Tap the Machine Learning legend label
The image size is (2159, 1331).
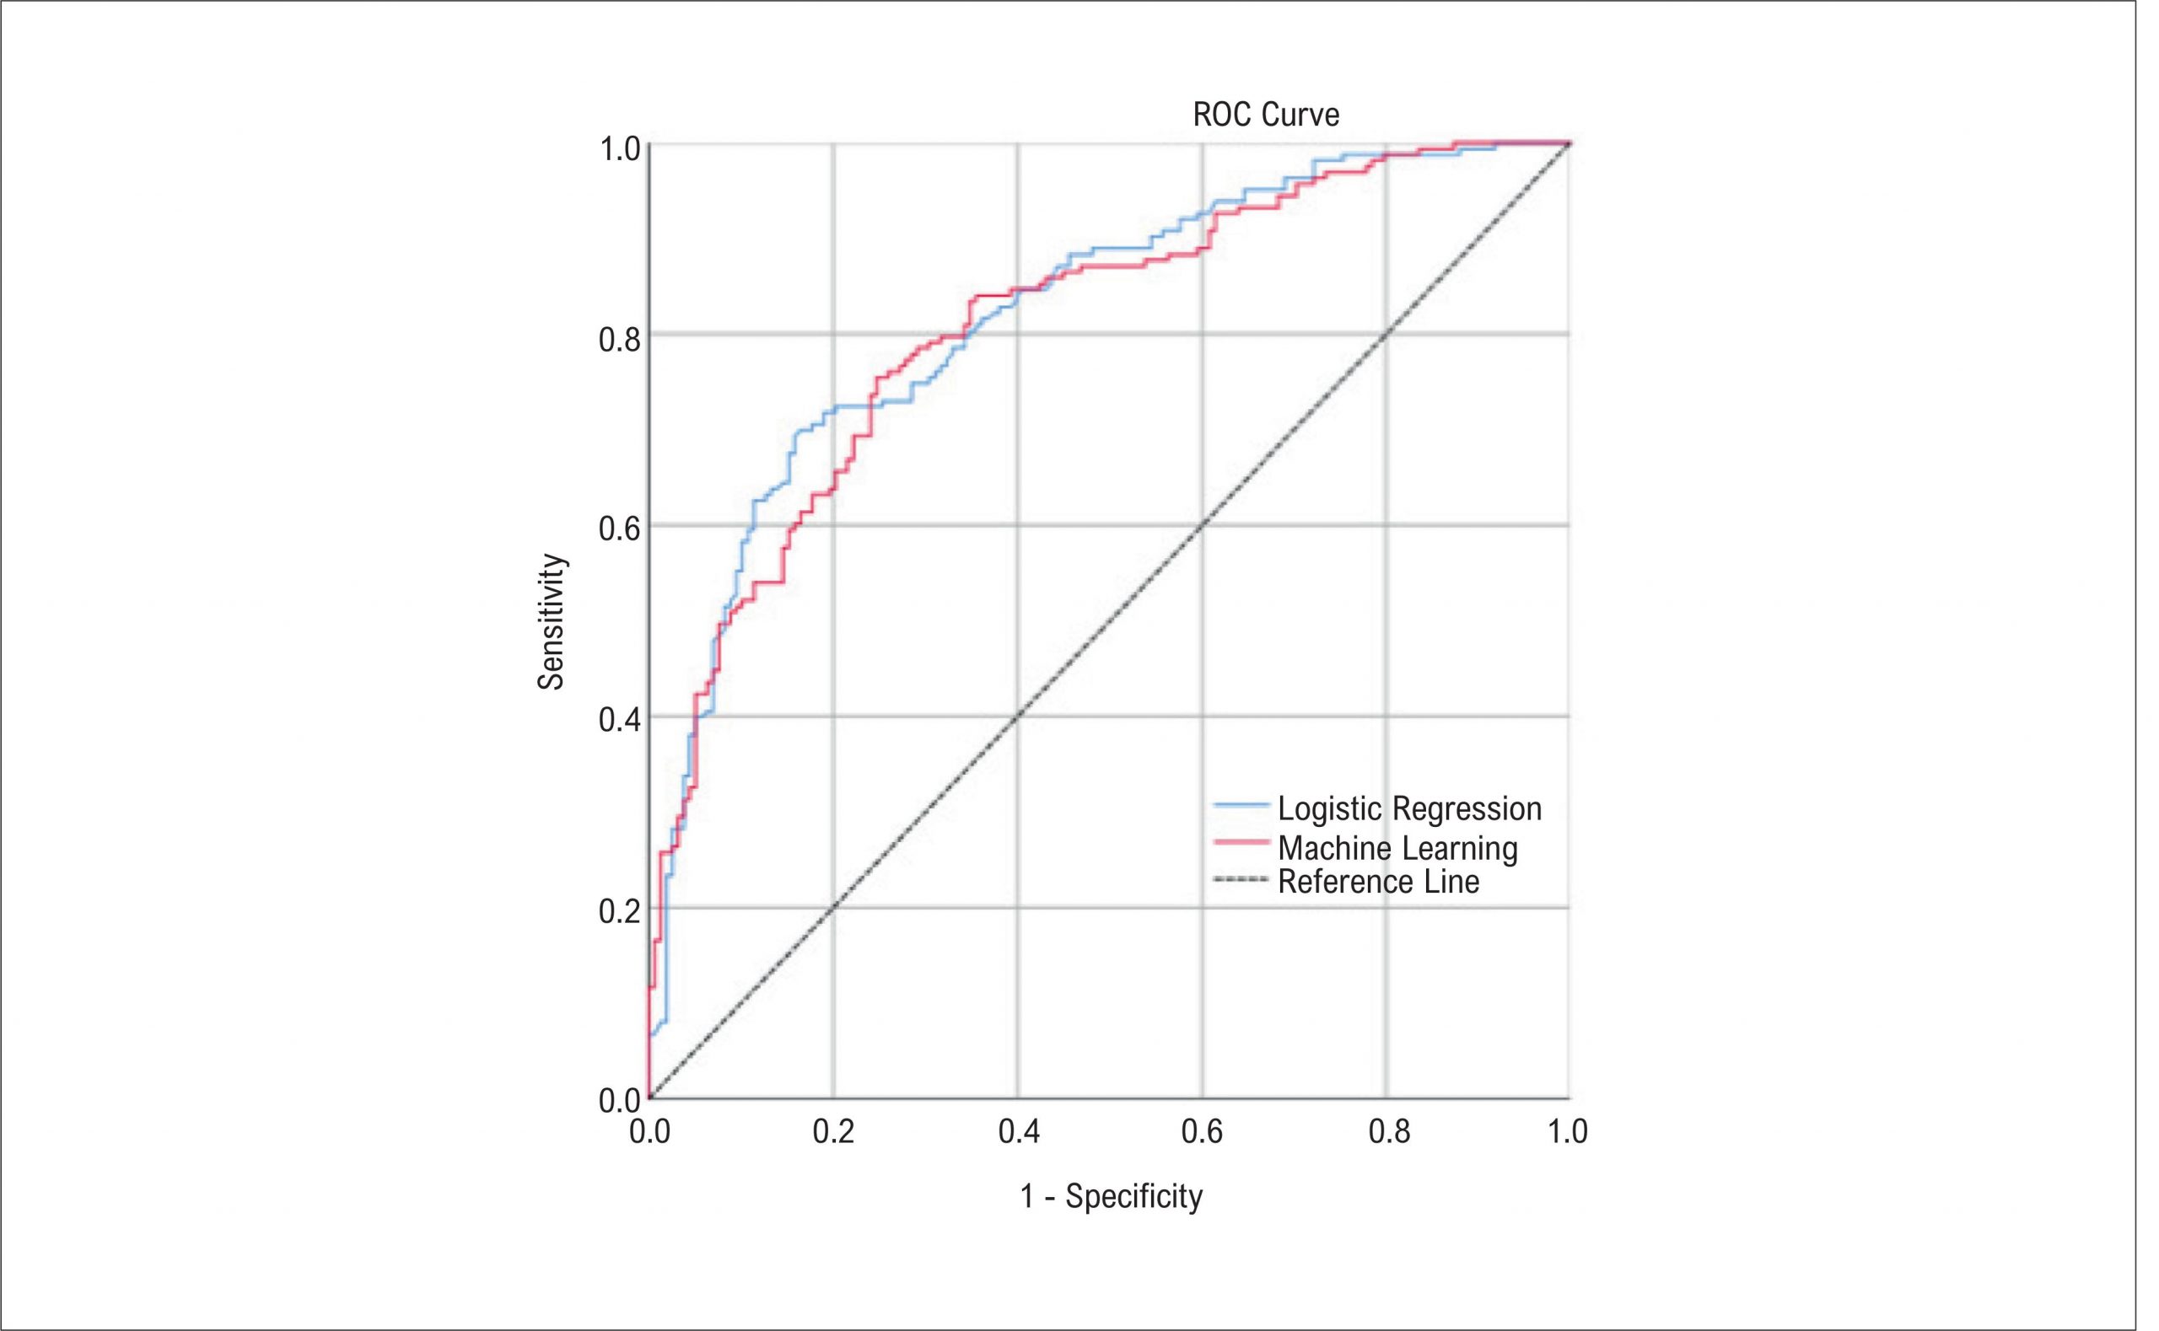pyautogui.click(x=1397, y=848)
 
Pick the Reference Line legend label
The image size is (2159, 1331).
pyautogui.click(x=1378, y=881)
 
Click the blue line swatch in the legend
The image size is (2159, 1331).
pyautogui.click(x=1241, y=805)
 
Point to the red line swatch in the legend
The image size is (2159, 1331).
pyautogui.click(x=1241, y=842)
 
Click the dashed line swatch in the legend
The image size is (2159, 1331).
pyautogui.click(x=1241, y=879)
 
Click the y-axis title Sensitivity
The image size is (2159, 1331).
pyautogui.click(x=552, y=621)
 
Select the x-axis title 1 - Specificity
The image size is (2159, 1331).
pyautogui.click(x=1112, y=1197)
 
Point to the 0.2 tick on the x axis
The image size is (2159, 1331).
pyautogui.click(x=833, y=1132)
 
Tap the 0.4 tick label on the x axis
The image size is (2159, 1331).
pyautogui.click(x=1018, y=1132)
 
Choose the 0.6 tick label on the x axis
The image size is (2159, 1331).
pyautogui.click(x=1202, y=1132)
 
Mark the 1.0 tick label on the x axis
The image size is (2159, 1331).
pyautogui.click(x=1567, y=1132)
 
